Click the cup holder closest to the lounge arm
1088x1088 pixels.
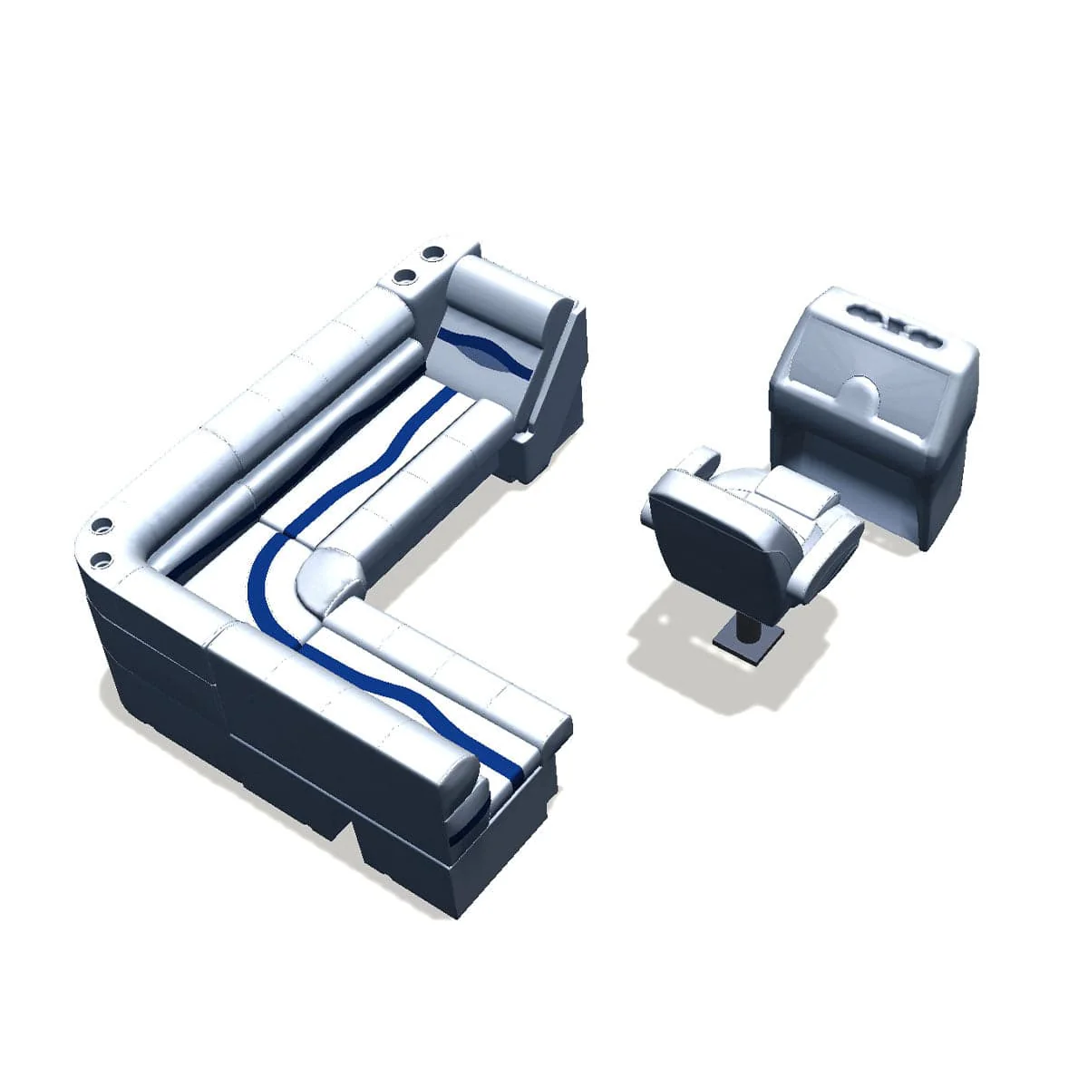pyautogui.click(x=433, y=251)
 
